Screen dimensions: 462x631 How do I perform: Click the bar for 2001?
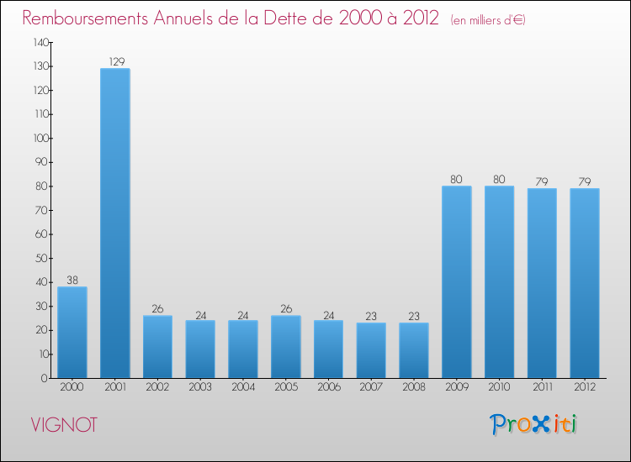(x=115, y=223)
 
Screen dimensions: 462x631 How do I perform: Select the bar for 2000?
(x=72, y=332)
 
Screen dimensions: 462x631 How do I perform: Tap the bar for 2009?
(x=457, y=281)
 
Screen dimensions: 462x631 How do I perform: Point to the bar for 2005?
(x=286, y=346)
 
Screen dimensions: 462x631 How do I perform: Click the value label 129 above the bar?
(x=115, y=61)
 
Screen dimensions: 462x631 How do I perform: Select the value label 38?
(x=72, y=281)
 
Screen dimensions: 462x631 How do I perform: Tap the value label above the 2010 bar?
(x=500, y=179)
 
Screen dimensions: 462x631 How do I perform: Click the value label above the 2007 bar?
(x=371, y=317)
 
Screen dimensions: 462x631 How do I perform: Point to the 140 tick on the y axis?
(x=40, y=42)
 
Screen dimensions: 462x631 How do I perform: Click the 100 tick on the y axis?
(x=40, y=138)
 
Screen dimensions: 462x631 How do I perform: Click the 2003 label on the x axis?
(x=200, y=387)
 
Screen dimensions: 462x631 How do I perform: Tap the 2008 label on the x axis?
(x=414, y=387)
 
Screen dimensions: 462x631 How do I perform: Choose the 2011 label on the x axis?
(x=542, y=387)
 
